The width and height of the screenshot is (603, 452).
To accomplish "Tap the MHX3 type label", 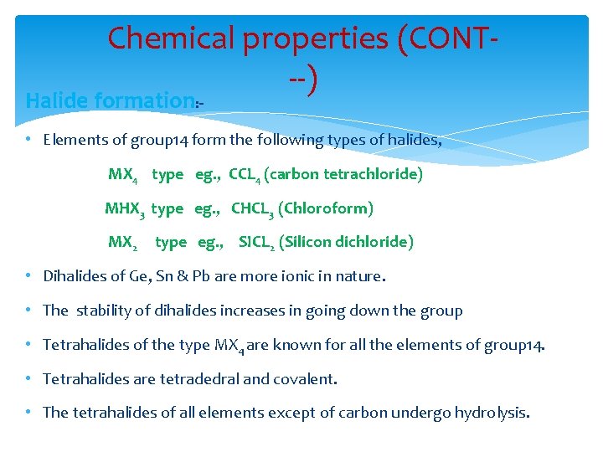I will pos(143,208).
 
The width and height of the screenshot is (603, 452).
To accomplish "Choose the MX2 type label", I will pos(147,243).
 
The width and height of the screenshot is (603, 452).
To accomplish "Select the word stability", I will pos(106,311).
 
